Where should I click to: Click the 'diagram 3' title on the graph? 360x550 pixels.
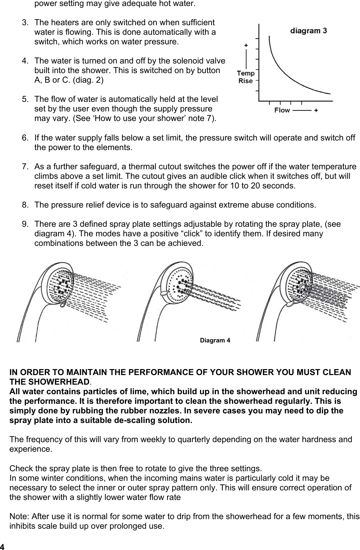tap(309, 31)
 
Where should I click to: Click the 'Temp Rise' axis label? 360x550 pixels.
tap(246, 77)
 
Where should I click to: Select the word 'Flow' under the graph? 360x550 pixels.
tap(282, 110)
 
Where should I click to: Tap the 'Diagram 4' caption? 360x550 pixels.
tap(215, 341)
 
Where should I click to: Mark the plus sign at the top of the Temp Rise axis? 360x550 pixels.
tap(246, 45)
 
